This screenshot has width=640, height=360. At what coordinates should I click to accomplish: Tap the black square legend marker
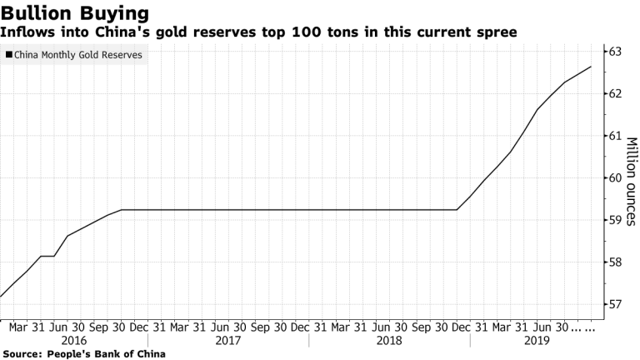pos(9,56)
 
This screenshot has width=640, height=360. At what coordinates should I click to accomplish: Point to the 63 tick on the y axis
pos(616,52)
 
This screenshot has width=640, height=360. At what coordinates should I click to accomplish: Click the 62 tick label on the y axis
pos(616,93)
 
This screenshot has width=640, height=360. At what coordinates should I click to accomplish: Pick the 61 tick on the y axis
pos(616,136)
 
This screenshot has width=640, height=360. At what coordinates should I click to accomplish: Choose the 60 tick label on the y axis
pos(616,177)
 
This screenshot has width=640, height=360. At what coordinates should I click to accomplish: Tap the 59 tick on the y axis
pos(616,220)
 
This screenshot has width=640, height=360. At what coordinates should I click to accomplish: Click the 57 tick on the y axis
pos(616,304)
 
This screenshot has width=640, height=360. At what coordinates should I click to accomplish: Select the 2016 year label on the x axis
pos(74,340)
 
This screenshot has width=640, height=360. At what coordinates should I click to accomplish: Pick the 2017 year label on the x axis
pos(227,340)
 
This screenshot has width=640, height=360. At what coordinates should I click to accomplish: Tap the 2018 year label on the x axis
pos(389,340)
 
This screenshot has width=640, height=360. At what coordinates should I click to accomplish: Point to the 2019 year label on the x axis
pos(537,340)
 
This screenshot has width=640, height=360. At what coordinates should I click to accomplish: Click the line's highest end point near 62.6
pos(591,67)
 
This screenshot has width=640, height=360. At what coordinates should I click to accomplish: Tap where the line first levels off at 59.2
pos(122,210)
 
